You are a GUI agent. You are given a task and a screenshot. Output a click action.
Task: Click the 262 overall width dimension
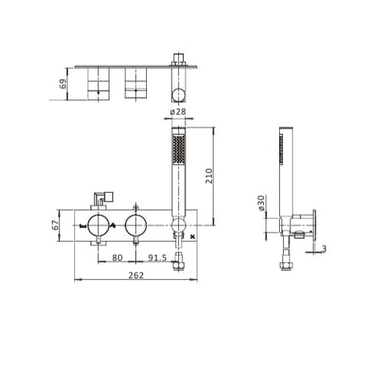pos(135,274)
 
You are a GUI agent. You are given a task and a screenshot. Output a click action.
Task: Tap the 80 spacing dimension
pos(116,257)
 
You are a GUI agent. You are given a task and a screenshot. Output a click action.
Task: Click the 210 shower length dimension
pos(210,176)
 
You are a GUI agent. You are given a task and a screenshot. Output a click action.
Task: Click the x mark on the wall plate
pos(192,237)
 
